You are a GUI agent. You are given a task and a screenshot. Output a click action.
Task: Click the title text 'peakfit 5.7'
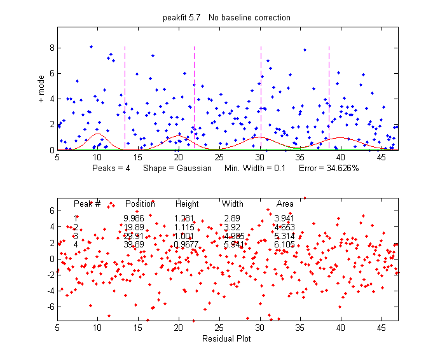click(182, 17)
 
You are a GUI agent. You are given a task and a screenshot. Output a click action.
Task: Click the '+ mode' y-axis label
click(41, 88)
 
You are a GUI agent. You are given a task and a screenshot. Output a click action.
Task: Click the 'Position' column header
click(140, 204)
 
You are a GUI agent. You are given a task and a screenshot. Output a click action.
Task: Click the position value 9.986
click(134, 219)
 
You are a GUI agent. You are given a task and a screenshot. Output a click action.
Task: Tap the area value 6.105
click(284, 244)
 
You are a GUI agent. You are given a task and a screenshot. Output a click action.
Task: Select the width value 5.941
click(233, 244)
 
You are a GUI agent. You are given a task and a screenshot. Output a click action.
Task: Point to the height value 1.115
click(185, 227)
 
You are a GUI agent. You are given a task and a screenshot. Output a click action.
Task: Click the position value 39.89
click(134, 244)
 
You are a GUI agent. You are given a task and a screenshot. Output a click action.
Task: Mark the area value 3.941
click(284, 219)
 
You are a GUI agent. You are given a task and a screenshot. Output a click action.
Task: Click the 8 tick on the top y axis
click(51, 48)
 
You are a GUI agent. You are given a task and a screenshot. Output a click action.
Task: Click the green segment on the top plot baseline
click(296, 148)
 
